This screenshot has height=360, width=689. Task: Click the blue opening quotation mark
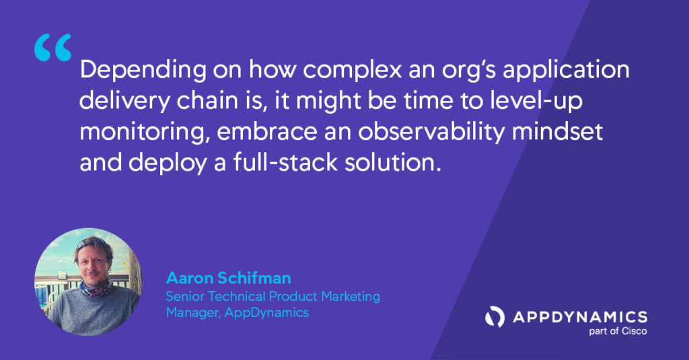click(x=52, y=47)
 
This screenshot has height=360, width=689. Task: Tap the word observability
click(x=431, y=132)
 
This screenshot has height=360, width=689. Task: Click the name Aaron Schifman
click(x=229, y=278)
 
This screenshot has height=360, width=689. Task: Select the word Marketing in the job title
click(x=350, y=297)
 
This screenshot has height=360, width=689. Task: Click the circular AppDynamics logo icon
click(x=495, y=317)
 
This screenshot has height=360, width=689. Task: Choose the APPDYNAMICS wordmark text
click(x=580, y=317)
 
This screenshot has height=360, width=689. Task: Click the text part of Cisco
click(x=618, y=332)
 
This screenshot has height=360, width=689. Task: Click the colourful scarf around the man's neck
click(x=96, y=289)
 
